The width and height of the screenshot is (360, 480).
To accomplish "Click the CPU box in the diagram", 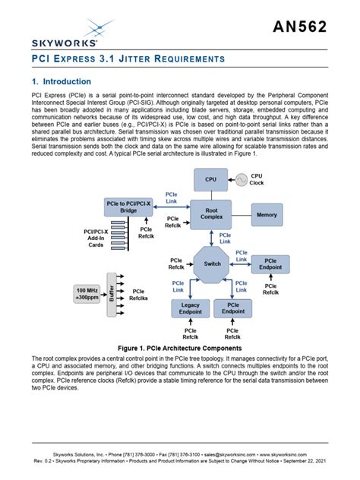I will tap(210, 180).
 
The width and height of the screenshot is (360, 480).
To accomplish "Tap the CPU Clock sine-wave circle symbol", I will tap(242, 180).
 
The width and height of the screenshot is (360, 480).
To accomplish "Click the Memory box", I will tap(267, 216).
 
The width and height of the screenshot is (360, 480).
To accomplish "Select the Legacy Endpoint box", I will tap(190, 308).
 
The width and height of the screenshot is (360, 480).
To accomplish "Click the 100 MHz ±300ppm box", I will tap(87, 295).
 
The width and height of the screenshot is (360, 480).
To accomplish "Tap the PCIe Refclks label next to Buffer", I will tap(139, 295).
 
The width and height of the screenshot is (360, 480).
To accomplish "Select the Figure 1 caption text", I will tap(179, 347).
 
